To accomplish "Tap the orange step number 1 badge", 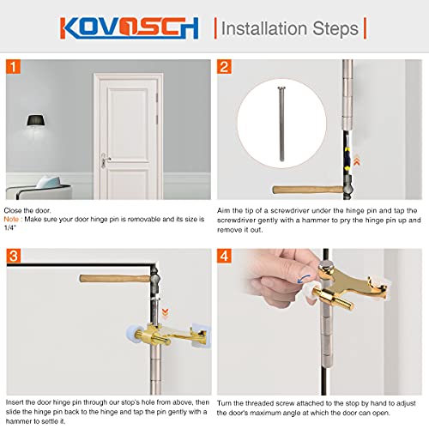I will point(15,66).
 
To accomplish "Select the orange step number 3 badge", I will point(15,256).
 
